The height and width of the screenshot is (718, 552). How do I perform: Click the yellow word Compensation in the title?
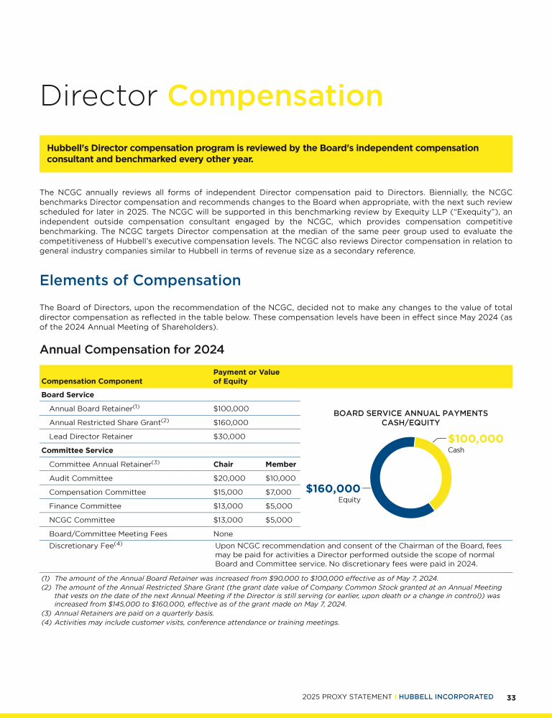click(x=275, y=96)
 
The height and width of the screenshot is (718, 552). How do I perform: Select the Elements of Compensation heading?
click(x=140, y=280)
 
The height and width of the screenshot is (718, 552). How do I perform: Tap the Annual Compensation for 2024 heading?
click(x=132, y=350)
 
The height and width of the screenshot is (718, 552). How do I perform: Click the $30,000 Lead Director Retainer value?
click(x=229, y=437)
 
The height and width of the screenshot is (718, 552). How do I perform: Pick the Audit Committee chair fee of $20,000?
click(x=229, y=478)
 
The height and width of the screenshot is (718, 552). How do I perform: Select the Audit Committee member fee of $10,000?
click(x=280, y=478)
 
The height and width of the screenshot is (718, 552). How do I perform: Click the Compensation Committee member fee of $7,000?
click(x=278, y=493)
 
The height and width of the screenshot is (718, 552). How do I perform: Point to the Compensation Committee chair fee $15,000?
click(x=229, y=493)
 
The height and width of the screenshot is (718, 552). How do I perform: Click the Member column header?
click(x=280, y=464)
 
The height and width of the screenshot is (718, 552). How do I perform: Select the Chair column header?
click(x=224, y=464)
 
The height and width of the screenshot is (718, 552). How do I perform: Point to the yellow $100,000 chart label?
click(x=476, y=439)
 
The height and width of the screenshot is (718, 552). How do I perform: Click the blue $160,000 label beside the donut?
click(x=333, y=489)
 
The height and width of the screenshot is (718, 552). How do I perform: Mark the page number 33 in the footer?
click(x=512, y=697)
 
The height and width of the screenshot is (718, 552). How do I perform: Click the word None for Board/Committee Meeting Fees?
click(x=223, y=534)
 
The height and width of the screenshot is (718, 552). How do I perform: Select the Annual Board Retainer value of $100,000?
click(x=231, y=409)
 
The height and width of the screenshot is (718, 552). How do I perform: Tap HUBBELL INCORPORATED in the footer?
click(x=446, y=697)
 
